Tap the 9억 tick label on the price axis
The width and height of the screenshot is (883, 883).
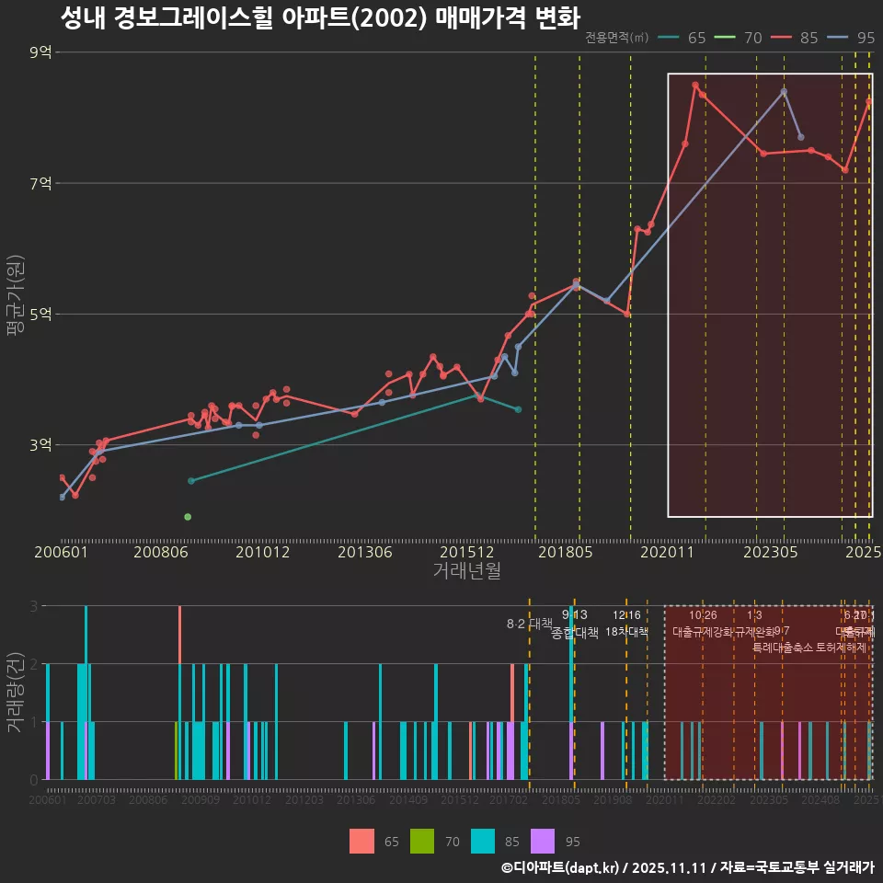coord(40,52)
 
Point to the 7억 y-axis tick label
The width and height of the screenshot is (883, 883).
coord(40,183)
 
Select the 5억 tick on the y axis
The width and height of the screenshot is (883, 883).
coord(40,315)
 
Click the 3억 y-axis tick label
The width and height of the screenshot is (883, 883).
coord(40,445)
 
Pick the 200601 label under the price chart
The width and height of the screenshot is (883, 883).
coord(60,553)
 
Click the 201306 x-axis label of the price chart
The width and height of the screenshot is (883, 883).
coord(365,553)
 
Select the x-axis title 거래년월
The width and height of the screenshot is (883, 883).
coord(466,570)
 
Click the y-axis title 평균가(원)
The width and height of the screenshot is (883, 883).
coord(15,299)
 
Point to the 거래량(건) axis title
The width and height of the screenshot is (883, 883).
coord(15,692)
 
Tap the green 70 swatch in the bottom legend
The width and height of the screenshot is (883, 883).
coord(421,841)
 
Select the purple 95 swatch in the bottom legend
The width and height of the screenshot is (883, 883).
coord(545,841)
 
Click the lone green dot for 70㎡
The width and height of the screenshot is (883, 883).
coord(188,517)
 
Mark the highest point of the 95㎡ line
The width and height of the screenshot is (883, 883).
coord(784,91)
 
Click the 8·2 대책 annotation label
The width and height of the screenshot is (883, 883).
coord(523,624)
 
